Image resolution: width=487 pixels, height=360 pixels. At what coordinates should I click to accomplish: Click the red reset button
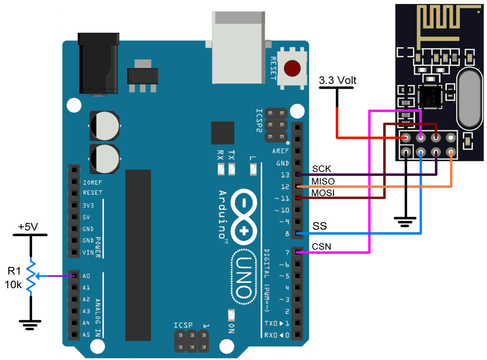coord(292,68)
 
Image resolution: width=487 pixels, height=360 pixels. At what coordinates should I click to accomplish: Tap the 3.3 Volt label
coord(337,80)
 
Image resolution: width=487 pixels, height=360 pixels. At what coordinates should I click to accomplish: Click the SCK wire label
coord(321,168)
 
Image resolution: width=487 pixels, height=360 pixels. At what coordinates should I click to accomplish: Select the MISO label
coord(323,181)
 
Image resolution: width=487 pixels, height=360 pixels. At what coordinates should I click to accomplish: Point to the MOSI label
coord(323,193)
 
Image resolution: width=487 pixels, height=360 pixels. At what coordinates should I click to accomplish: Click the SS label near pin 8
coord(319,227)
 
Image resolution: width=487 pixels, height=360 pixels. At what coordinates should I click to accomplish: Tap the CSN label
coord(321,246)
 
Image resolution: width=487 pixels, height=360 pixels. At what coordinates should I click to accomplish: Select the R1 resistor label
coord(14,272)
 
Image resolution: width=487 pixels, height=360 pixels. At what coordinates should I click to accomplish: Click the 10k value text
coord(14,285)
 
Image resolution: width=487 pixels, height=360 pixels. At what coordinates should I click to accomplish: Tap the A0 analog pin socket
coord(74,276)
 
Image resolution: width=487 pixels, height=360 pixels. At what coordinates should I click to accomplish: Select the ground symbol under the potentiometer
coord(30,323)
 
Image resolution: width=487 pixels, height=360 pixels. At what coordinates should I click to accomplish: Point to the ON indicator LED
coord(231,314)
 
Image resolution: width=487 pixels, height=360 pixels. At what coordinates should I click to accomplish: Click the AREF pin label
coord(281,151)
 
